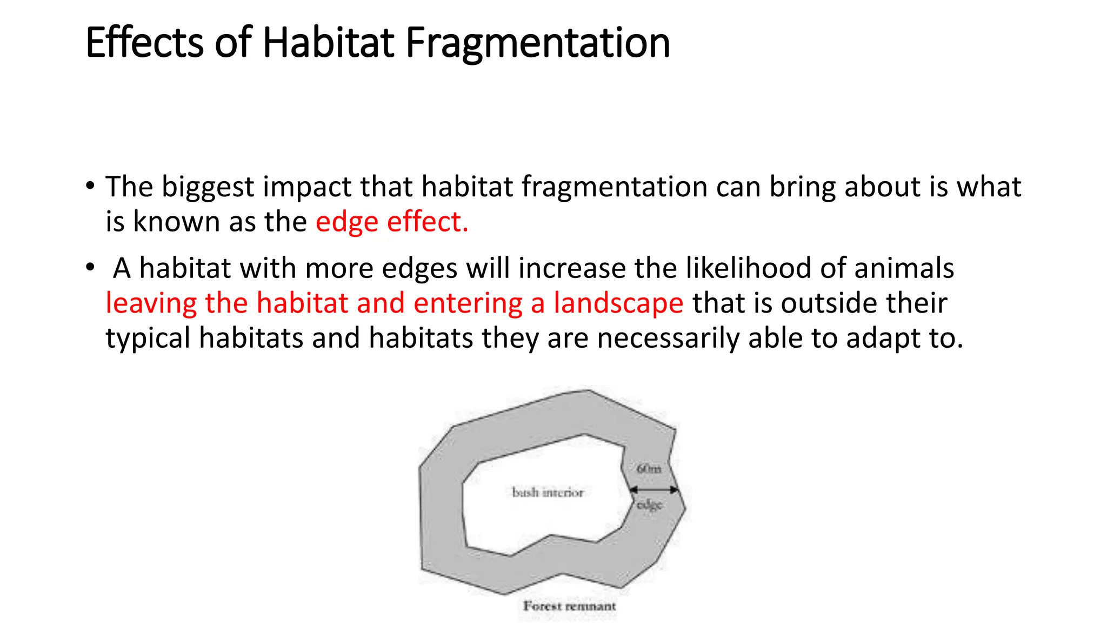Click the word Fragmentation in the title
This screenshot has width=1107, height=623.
(538, 43)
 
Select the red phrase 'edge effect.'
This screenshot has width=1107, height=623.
(392, 222)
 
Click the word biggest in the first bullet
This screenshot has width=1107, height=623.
(208, 188)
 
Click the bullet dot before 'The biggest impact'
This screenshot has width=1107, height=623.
(90, 187)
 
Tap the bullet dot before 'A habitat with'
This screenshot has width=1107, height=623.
(90, 268)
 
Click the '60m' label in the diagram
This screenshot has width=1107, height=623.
(649, 469)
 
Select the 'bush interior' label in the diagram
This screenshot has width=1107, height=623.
(548, 493)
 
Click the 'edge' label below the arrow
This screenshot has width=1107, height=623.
(649, 505)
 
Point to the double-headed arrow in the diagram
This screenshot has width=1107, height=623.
(654, 490)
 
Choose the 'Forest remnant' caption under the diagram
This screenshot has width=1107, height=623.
(569, 606)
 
